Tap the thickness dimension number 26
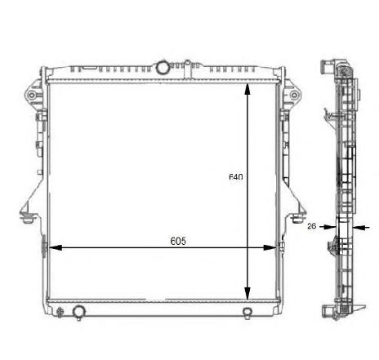(311, 227)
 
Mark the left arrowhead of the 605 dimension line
(54, 247)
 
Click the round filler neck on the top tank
(163, 66)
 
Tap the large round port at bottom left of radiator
(78, 311)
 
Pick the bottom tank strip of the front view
(163, 307)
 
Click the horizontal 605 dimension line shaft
(123, 247)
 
